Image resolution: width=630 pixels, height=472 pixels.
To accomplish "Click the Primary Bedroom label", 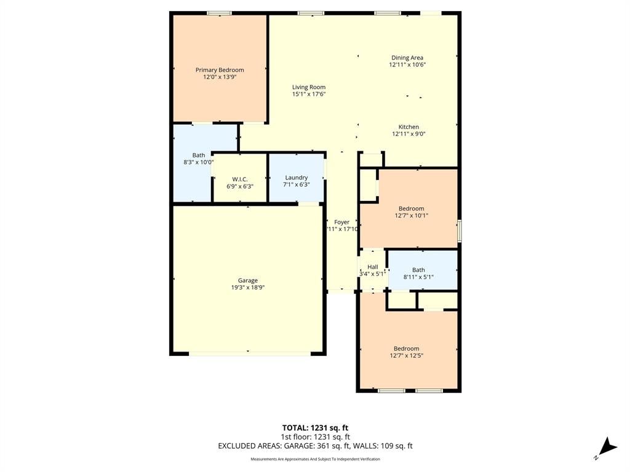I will [220, 70].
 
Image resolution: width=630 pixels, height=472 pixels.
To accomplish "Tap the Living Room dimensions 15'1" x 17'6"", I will [308, 95].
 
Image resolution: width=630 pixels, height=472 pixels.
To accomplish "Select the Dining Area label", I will [407, 58].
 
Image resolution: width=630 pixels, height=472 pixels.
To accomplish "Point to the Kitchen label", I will [409, 127].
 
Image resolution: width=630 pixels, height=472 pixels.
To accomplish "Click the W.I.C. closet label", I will [240, 179].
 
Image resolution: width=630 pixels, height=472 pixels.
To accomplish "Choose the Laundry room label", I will [296, 178].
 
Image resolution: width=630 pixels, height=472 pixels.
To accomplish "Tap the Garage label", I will [248, 280].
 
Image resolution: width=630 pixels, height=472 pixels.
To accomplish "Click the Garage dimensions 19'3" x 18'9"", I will [248, 287].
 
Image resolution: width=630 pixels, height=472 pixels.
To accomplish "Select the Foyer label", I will [341, 222].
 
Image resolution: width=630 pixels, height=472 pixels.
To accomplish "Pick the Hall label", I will [372, 267].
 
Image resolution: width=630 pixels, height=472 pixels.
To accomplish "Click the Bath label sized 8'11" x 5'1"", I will [418, 270].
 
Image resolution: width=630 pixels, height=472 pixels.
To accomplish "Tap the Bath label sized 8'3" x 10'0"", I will [198, 155].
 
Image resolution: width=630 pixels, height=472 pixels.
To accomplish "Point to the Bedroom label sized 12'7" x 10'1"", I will [411, 208].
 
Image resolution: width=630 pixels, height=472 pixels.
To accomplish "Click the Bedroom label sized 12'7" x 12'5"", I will [406, 348].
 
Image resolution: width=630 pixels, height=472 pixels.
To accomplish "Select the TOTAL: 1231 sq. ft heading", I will [315, 428].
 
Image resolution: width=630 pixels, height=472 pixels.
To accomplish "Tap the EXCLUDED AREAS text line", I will [315, 446].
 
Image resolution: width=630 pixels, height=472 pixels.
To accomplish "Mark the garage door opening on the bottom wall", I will [249, 353].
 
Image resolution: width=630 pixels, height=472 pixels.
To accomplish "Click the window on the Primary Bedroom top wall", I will [219, 13].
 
